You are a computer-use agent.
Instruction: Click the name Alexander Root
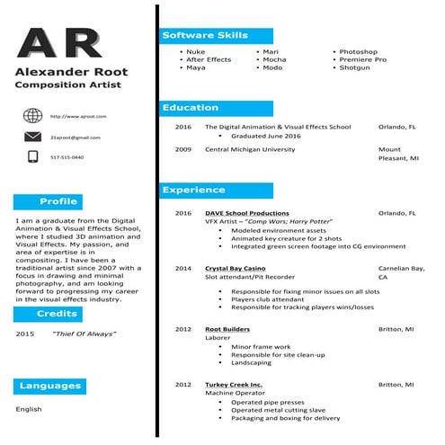(71, 72)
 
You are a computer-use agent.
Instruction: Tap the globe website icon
(33, 115)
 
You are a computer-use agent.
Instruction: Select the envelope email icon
(33, 136)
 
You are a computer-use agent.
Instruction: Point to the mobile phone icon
(33, 156)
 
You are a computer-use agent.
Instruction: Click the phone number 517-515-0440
(67, 157)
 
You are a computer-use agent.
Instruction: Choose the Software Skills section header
(216, 35)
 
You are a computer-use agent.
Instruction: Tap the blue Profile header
(59, 201)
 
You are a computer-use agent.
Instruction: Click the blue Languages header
(51, 387)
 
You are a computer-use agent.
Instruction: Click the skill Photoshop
(358, 52)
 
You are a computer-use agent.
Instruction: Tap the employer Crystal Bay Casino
(235, 268)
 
